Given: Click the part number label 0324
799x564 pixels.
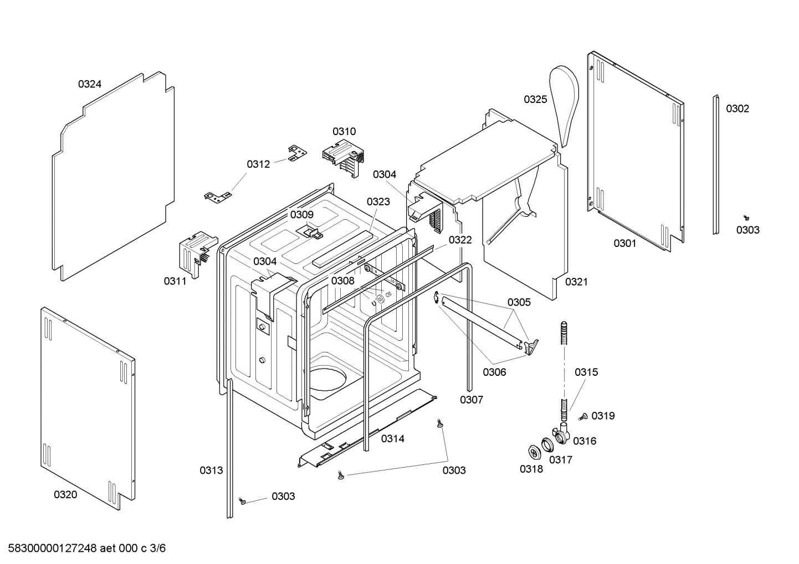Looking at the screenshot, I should pyautogui.click(x=89, y=84).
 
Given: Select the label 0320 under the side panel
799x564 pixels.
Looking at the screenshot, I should pyautogui.click(x=65, y=495).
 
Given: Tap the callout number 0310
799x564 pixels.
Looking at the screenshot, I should pyautogui.click(x=344, y=131).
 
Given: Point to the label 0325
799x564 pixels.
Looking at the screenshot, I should pyautogui.click(x=535, y=99).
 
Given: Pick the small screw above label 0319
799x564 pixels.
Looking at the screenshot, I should pyautogui.click(x=583, y=417).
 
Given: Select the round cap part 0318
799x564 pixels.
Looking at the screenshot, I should pyautogui.click(x=534, y=452).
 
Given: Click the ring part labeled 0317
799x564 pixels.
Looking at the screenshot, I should pyautogui.click(x=548, y=444).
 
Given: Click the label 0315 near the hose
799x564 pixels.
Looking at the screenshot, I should pyautogui.click(x=586, y=372).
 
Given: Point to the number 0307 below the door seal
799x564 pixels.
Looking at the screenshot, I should pyautogui.click(x=472, y=400).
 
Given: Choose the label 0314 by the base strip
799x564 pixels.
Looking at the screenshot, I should pyautogui.click(x=392, y=438).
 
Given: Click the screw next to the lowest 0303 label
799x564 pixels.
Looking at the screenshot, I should pyautogui.click(x=242, y=500).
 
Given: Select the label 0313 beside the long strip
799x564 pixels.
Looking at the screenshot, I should pyautogui.click(x=211, y=470).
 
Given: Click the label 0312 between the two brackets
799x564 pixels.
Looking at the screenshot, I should pyautogui.click(x=258, y=164).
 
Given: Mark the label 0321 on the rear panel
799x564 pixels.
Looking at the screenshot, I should pyautogui.click(x=576, y=282).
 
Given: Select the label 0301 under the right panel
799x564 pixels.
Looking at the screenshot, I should pyautogui.click(x=624, y=243).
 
